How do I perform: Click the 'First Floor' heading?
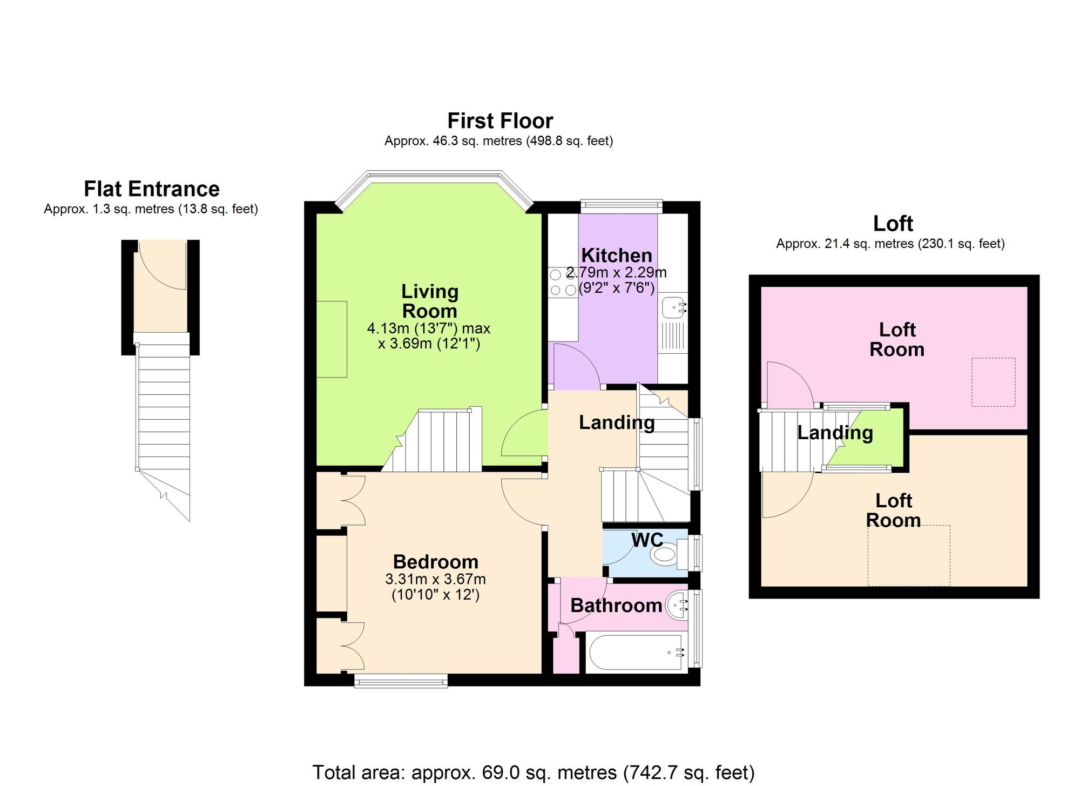(x=500, y=121)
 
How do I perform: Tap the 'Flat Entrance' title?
(x=152, y=189)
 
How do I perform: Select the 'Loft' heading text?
(x=893, y=224)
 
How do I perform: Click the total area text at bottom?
(x=534, y=772)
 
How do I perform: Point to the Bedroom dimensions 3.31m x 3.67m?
(x=435, y=580)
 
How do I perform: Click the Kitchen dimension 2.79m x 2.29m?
(x=616, y=273)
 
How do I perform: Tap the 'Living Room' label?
(x=430, y=301)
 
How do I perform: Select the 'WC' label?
(x=646, y=539)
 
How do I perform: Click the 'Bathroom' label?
(x=616, y=606)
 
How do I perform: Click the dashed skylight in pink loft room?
(x=993, y=382)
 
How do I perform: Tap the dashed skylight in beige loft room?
(x=908, y=555)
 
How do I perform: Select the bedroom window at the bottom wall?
(x=401, y=680)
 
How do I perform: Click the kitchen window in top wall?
(x=621, y=205)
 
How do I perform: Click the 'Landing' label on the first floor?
(x=617, y=422)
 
